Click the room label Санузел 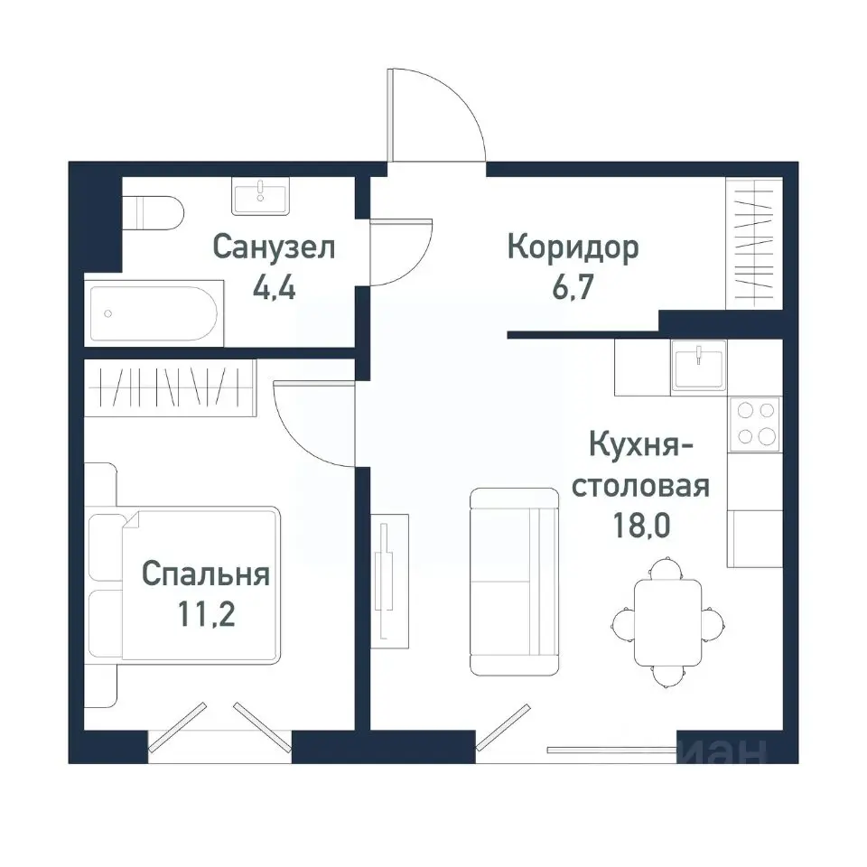point(274,247)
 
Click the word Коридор point(573,247)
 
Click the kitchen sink point(698,366)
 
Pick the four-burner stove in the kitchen point(757,423)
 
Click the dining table point(667,622)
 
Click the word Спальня point(206,573)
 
